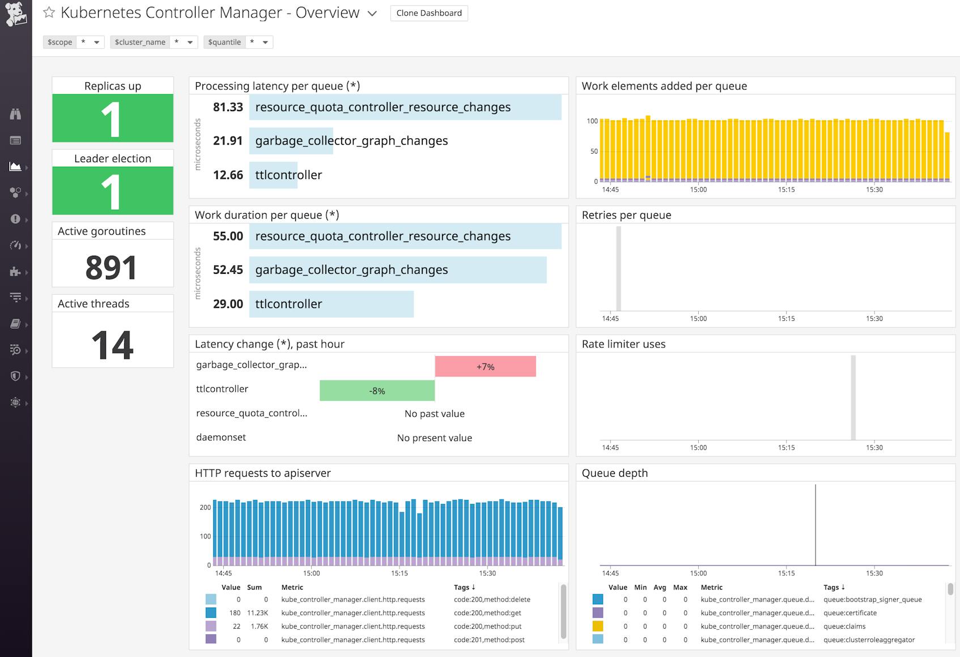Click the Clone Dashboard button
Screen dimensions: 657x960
(429, 13)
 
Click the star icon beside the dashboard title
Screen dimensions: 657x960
(49, 12)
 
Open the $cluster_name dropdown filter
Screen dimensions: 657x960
(154, 42)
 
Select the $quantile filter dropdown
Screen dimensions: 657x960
(238, 42)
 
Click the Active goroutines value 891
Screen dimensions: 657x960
(112, 268)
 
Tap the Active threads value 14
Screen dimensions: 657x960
(112, 345)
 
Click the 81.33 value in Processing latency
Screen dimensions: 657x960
(228, 107)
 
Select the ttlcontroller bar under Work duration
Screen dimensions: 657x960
(331, 304)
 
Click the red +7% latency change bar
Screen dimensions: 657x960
(485, 367)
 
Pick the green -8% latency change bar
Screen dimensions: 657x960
(377, 391)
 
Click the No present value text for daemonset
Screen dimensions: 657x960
(434, 438)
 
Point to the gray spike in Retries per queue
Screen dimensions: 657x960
(619, 269)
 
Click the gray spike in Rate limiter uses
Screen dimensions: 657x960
(853, 397)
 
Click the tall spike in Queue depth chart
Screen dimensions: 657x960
(815, 524)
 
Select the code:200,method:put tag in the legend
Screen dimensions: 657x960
(487, 626)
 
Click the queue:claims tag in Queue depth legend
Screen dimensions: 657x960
(844, 626)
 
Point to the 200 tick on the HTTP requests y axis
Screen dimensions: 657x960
(205, 507)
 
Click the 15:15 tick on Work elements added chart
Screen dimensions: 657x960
(786, 189)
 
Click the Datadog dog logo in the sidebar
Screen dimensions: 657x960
(16, 14)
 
